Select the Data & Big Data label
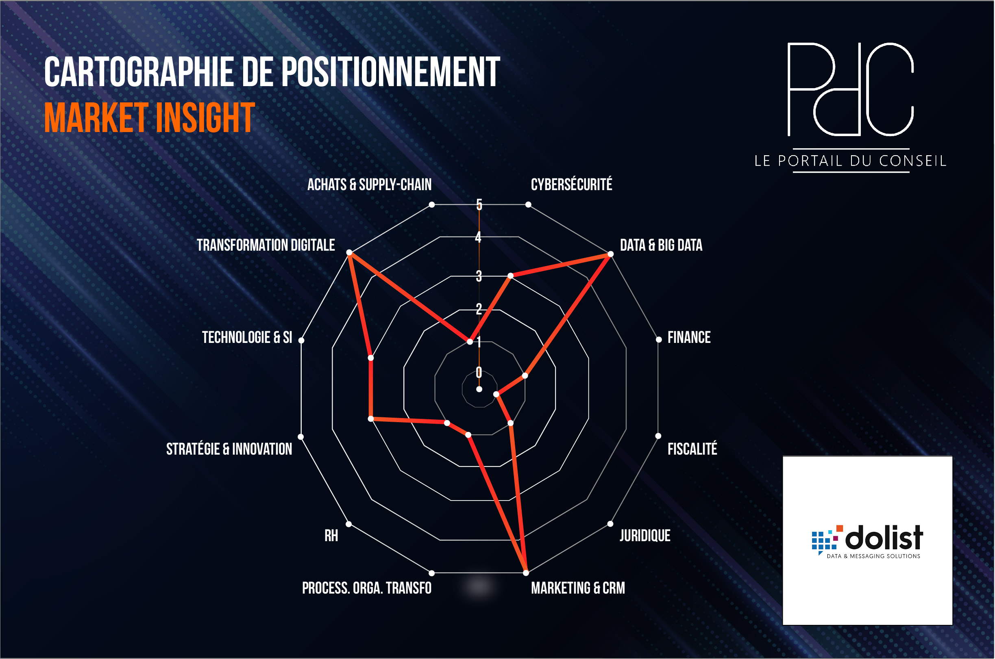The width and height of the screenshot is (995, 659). coord(661,245)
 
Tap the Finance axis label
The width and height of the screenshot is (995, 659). coord(689,338)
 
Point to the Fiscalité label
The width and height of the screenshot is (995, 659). coord(692,449)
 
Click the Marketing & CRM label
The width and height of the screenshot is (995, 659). coord(578,588)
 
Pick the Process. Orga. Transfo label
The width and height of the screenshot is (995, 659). coord(367,588)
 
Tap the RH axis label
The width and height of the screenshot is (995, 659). coord(331,536)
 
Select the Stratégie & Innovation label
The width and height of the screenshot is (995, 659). coord(229,449)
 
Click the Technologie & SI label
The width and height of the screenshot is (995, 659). coord(247,338)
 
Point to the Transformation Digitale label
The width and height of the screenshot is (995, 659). coord(266,245)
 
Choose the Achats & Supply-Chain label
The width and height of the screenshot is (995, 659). coord(369,184)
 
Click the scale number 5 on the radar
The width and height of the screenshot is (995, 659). coord(479,205)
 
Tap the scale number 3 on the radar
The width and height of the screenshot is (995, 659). coord(479,276)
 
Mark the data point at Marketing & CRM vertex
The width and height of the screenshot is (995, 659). coord(526,572)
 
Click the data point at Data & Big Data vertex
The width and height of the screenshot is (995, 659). coord(611,254)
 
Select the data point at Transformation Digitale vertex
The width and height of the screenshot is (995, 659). coord(349,253)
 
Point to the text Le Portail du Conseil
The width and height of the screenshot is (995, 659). coord(850,161)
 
